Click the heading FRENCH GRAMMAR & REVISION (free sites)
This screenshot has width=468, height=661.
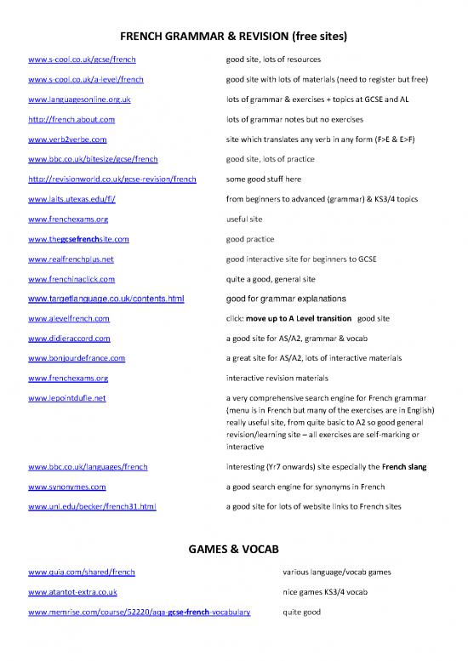click(233, 37)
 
